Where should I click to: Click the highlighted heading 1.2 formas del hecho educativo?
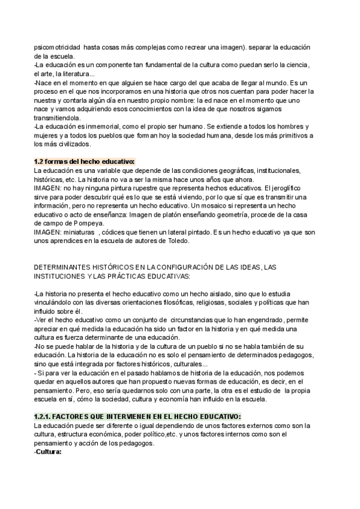coord(85,161)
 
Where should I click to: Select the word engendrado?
coord(264,321)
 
